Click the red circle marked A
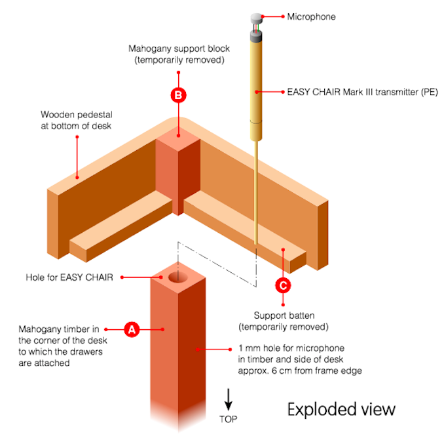132,329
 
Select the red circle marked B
178,95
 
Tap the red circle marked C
283,285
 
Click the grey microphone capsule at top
257,18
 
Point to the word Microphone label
311,17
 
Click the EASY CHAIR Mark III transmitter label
362,92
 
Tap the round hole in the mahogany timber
178,277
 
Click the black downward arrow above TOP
229,399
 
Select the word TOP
229,419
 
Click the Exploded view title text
341,410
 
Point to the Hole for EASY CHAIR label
69,277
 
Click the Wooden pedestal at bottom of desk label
77,120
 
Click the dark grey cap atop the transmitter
256,36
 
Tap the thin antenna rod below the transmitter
255,192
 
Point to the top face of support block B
178,139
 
